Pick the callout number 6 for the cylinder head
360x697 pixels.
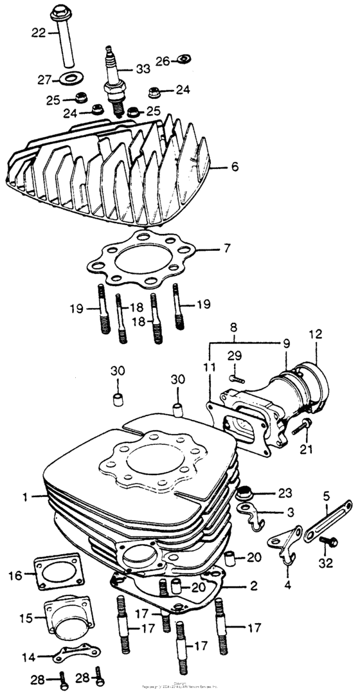coord(235,167)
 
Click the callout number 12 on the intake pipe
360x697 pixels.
coord(315,334)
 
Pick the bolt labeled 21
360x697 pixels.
coord(302,425)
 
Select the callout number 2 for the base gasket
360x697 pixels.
coord(255,586)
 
